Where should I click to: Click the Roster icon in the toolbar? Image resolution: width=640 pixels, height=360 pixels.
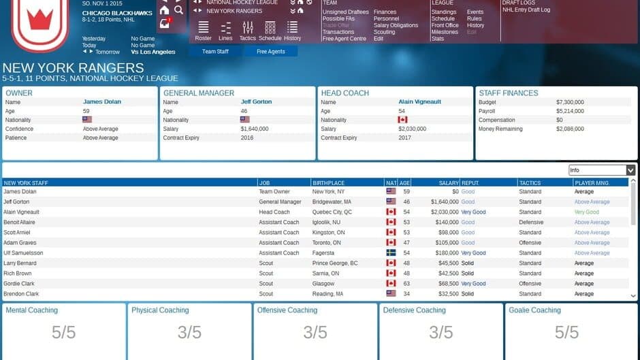(x=203, y=27)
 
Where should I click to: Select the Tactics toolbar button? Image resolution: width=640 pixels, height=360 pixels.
(x=248, y=27)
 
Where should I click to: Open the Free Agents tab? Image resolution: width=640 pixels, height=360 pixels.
(x=271, y=52)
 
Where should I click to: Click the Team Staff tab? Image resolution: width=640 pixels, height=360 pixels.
(x=215, y=52)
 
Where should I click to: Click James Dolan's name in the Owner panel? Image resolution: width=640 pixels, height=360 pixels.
(x=102, y=102)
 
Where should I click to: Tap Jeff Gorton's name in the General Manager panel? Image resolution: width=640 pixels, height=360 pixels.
(x=256, y=102)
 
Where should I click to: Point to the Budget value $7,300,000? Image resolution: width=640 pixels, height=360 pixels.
(x=570, y=102)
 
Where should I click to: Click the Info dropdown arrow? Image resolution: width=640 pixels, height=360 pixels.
(x=630, y=170)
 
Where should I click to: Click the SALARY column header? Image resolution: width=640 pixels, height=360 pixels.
(x=449, y=183)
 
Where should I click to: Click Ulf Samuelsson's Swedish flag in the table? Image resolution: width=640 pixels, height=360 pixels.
(x=391, y=253)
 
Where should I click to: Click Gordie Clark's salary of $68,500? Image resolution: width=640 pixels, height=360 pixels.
(x=444, y=284)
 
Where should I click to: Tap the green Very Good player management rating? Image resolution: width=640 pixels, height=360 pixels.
(x=586, y=212)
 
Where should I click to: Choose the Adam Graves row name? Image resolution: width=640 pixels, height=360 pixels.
(x=19, y=243)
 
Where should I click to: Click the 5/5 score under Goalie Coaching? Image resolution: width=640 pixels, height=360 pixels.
(x=566, y=332)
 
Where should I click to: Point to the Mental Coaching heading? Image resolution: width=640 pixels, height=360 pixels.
(x=32, y=310)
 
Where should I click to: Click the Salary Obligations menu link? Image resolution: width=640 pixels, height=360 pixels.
(x=396, y=25)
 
